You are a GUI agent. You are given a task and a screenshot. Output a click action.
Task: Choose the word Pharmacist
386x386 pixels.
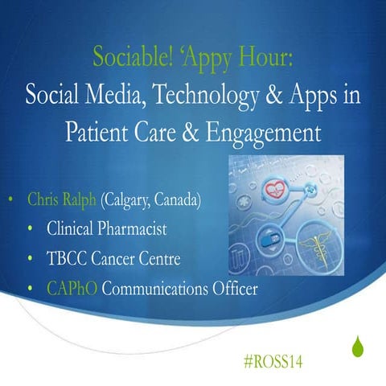pos(134,229)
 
